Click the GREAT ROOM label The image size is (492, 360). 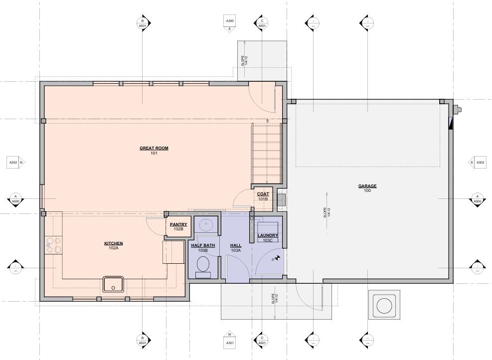154,149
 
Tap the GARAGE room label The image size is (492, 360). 367,186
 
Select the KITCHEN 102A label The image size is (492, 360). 113,244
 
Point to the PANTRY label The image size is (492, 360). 178,225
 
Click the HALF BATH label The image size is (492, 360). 203,246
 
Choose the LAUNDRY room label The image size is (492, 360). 268,236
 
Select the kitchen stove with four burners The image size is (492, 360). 53,245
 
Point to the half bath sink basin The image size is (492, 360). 205,225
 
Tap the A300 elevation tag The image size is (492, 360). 230,22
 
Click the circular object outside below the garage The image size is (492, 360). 384,305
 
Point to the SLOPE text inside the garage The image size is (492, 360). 325,213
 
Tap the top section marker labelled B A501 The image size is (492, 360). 143,22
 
